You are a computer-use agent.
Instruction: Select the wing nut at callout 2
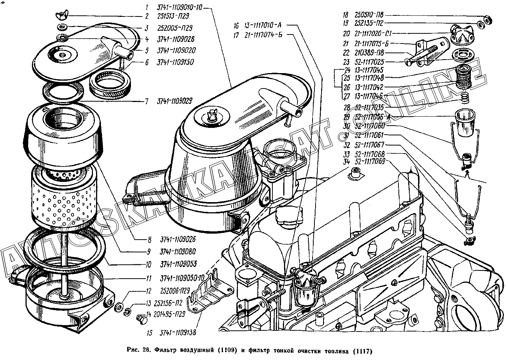click(60, 16)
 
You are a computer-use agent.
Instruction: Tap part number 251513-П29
click(173, 16)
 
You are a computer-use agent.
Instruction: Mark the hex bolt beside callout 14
click(141, 319)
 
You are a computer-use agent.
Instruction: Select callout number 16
click(236, 26)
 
